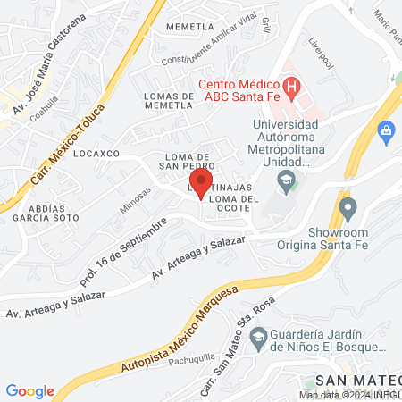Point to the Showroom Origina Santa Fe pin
348,211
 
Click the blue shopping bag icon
387,133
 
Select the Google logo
29,391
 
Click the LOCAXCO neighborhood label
97,154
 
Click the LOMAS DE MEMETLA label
163,99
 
